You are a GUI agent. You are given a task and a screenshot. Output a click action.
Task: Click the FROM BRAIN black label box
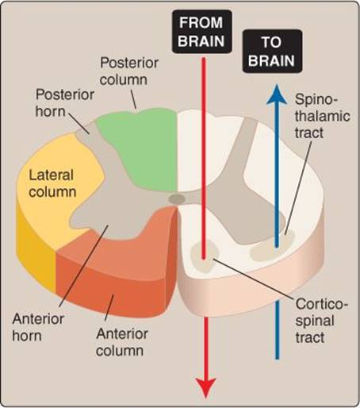202,32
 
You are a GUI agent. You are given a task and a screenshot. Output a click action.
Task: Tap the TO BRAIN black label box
272,52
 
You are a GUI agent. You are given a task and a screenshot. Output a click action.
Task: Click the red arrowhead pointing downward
205,387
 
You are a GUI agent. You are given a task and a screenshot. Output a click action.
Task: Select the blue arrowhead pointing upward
277,94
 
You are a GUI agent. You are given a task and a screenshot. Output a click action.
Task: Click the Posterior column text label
129,71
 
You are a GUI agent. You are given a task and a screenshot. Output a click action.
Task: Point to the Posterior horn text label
64,102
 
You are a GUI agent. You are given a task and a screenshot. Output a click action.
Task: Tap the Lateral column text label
52,183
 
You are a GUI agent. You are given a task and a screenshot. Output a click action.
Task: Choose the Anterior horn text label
38,327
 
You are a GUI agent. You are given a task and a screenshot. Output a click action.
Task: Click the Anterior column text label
121,342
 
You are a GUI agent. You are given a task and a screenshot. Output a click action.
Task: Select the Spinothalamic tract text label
323,116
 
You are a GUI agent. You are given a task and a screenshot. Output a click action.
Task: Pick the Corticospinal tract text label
322,321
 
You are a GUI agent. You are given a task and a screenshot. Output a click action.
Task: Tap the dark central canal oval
177,199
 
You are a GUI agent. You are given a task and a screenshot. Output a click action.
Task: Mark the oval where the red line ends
205,256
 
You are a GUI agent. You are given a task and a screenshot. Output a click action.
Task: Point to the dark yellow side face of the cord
36,254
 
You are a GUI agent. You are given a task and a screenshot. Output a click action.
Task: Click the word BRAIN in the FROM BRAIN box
201,41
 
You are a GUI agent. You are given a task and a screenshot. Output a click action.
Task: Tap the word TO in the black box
271,42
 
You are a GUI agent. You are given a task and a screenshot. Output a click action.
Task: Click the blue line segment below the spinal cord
277,329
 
